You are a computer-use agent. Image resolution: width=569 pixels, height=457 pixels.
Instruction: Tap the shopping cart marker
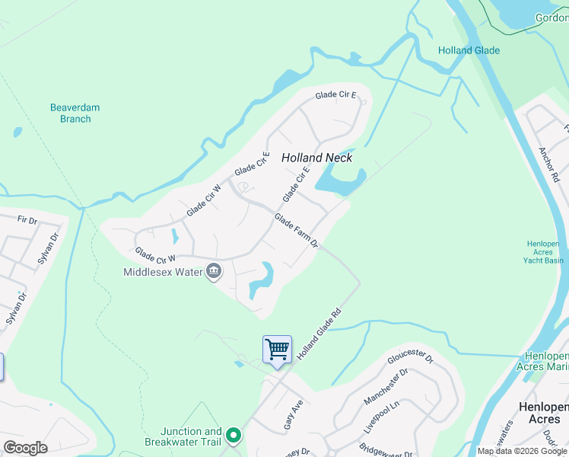coord(277,350)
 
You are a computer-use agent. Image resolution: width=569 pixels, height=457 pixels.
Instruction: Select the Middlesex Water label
coord(164,272)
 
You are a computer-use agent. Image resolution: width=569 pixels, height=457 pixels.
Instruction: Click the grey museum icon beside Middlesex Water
coord(215,271)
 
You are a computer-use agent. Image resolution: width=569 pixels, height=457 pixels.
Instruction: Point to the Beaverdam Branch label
coord(75,113)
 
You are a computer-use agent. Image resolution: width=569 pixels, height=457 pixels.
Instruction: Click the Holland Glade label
coord(469,51)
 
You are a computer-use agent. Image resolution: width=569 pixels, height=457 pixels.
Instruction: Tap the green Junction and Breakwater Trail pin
coord(234,436)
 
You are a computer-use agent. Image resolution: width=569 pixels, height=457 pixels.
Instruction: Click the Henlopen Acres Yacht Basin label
coord(544,252)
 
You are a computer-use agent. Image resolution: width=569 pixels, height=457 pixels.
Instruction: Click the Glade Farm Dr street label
coord(296,231)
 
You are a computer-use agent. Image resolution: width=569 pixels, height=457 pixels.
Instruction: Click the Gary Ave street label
coord(294,414)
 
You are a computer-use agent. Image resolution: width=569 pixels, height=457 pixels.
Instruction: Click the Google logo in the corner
coord(26,448)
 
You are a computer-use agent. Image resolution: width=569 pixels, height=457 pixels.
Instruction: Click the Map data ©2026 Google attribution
coord(522,451)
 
